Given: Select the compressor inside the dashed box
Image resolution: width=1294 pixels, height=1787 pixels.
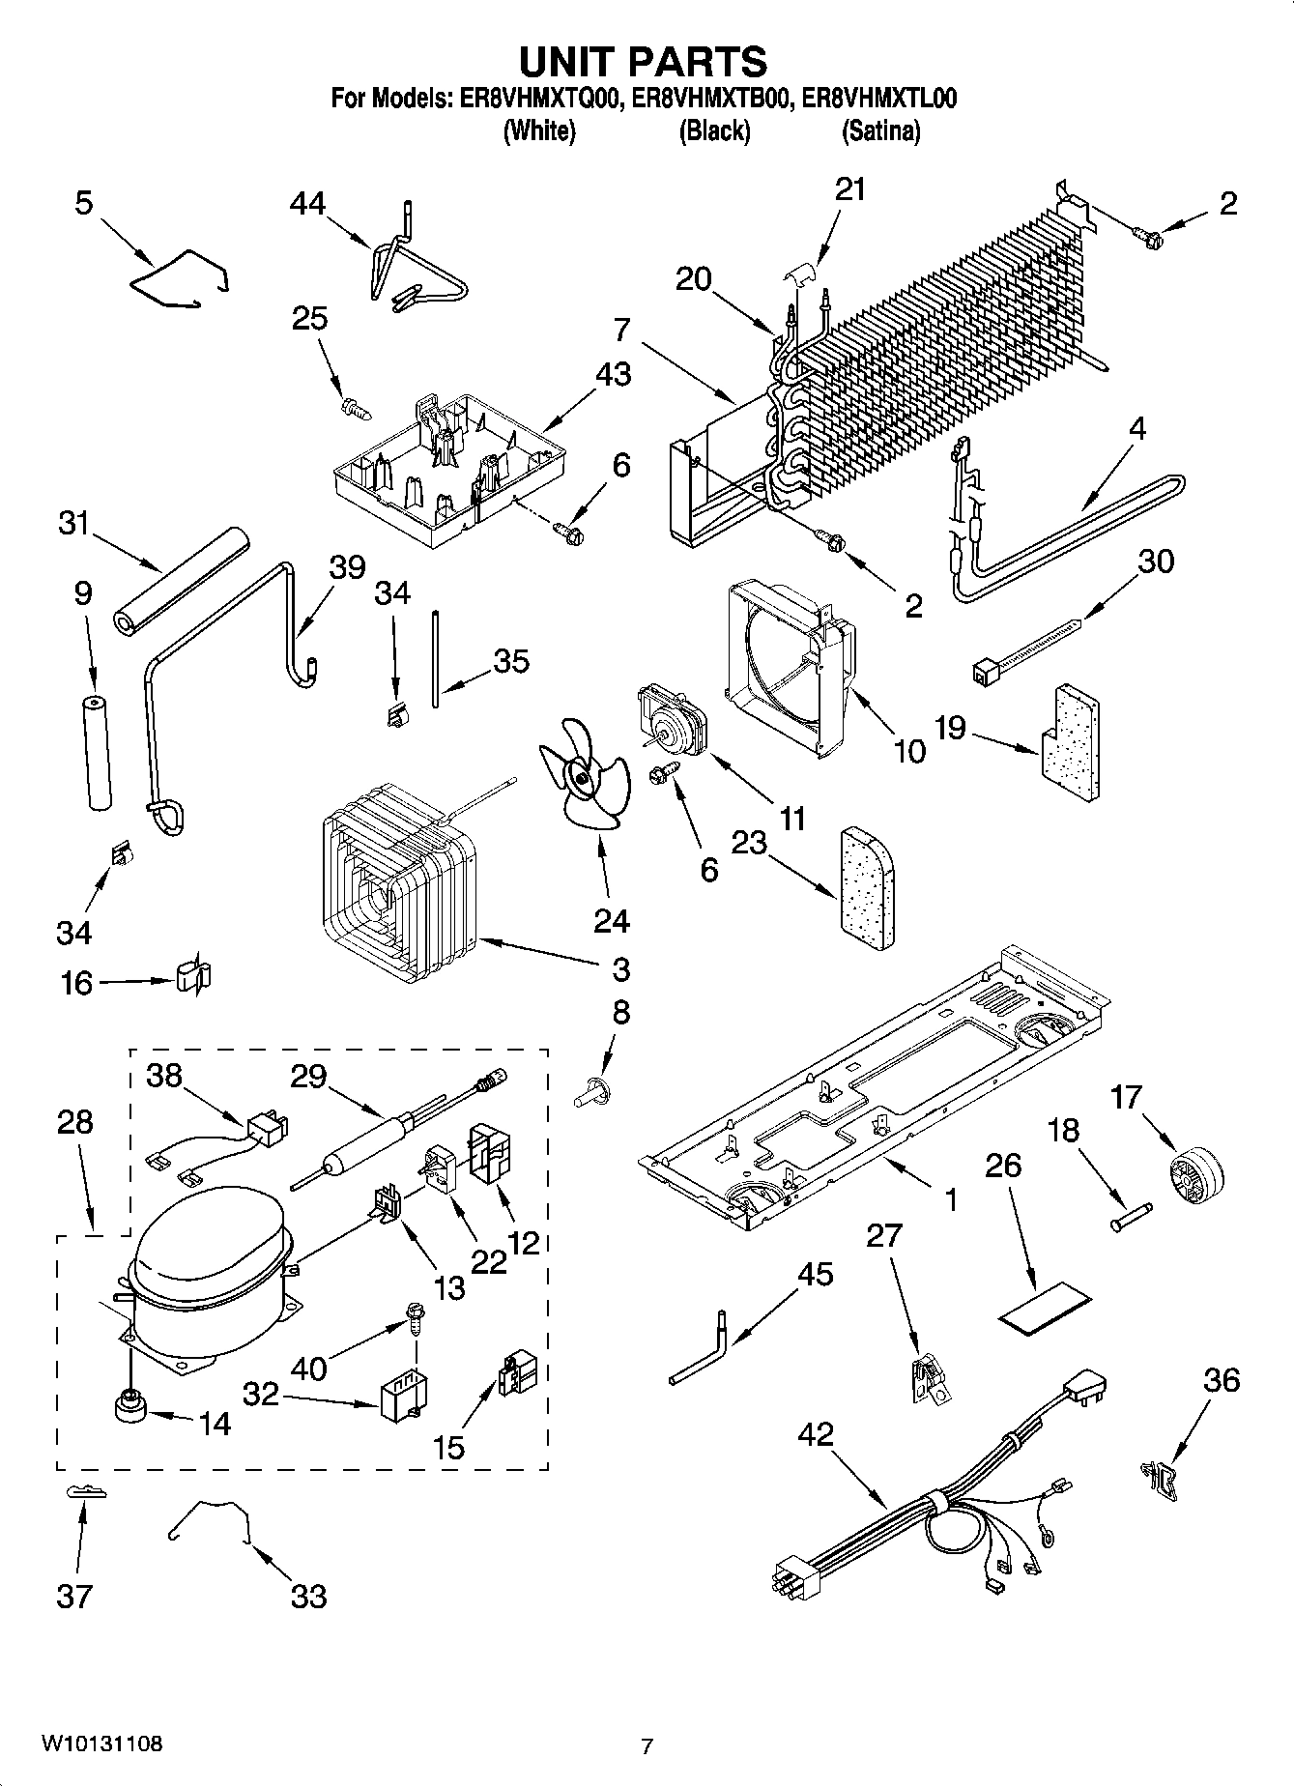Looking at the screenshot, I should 207,1278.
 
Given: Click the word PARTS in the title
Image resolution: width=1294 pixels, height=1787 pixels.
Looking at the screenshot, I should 698,61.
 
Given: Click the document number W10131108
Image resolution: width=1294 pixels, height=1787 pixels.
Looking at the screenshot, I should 101,1744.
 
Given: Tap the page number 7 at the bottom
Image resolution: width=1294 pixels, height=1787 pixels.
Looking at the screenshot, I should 647,1745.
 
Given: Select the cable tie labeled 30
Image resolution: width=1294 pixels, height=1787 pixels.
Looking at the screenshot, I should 1029,652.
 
